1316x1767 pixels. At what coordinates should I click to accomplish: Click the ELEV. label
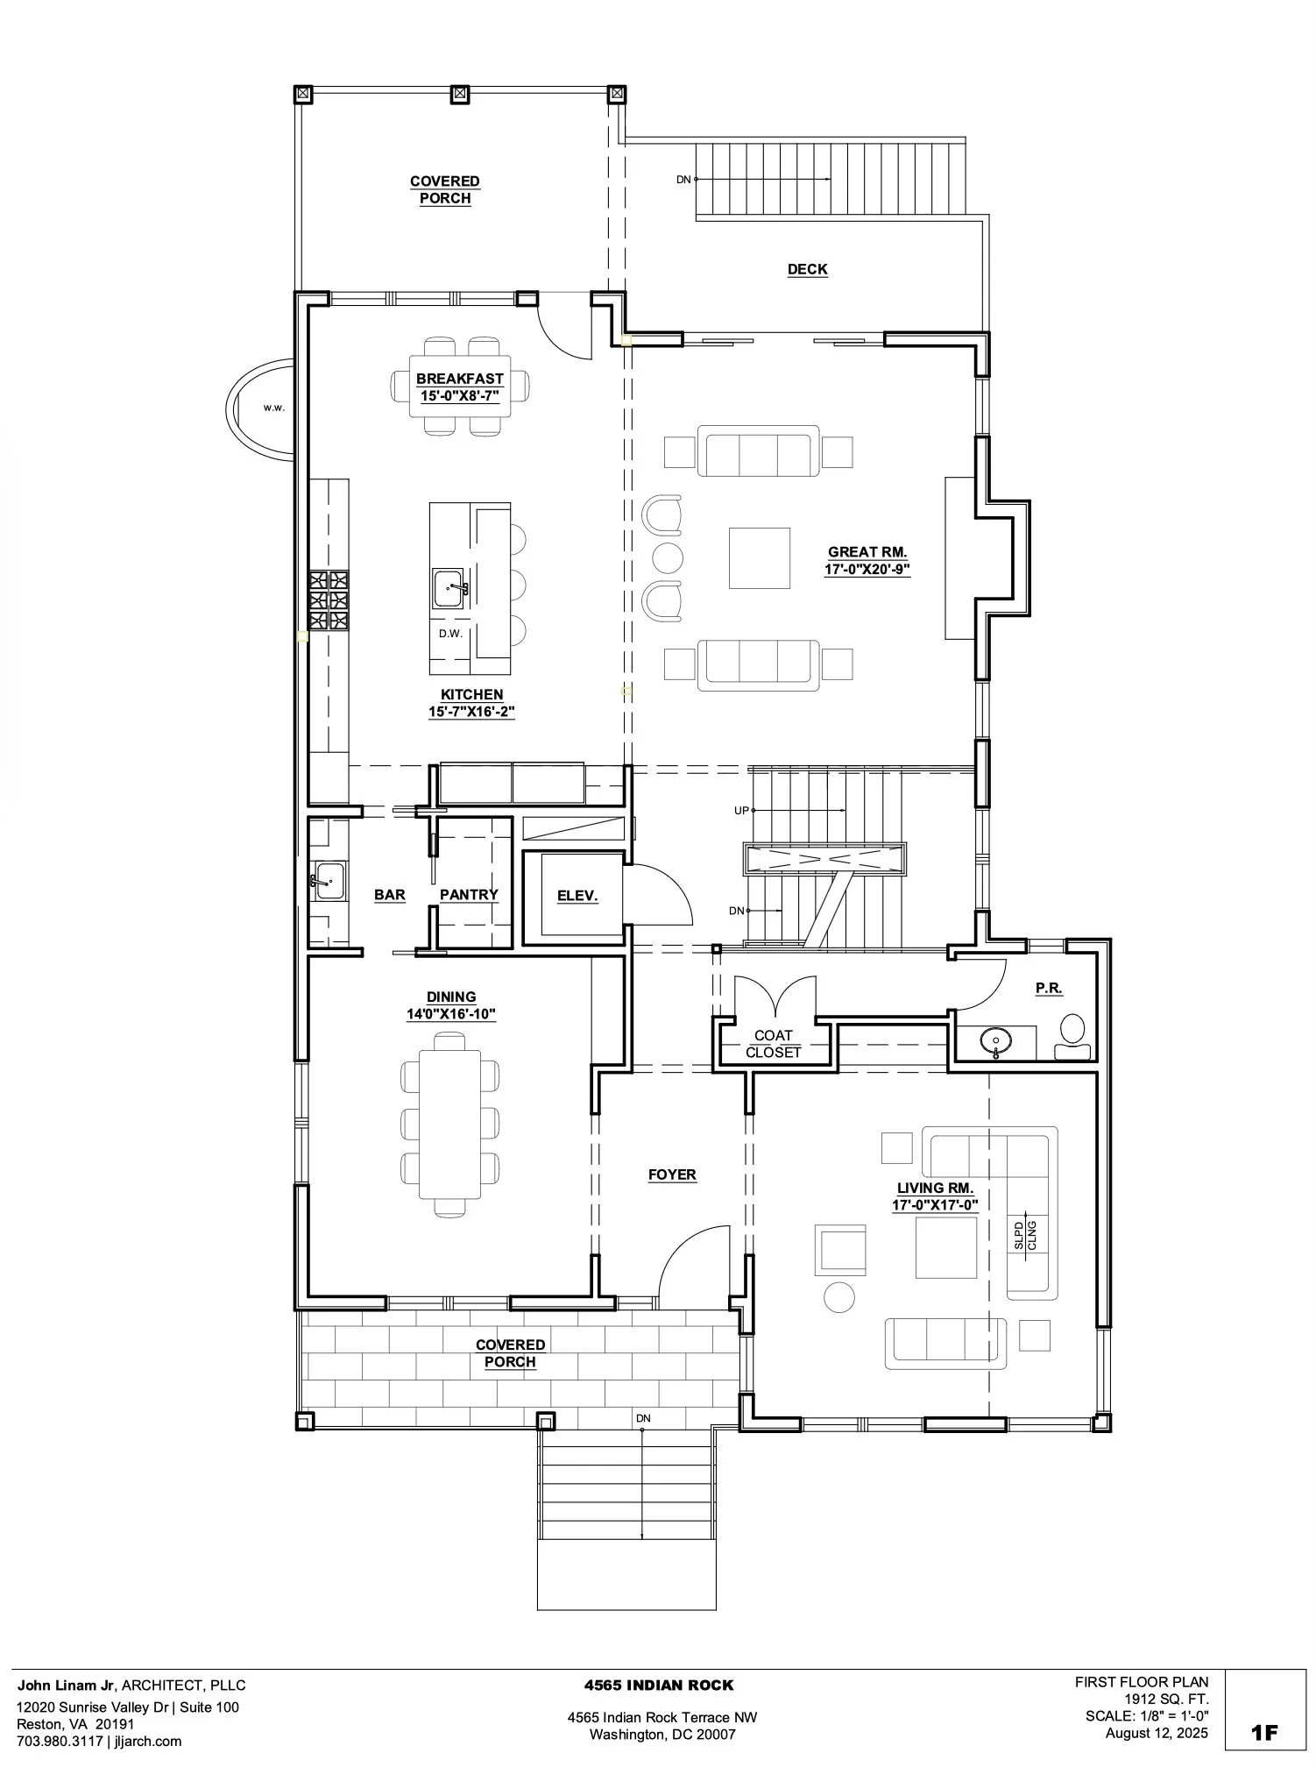(577, 896)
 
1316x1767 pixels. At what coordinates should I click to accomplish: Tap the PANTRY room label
(469, 895)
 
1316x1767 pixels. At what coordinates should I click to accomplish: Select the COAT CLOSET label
(774, 1044)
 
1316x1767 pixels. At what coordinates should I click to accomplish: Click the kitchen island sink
(449, 586)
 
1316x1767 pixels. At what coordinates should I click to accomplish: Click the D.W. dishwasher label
(450, 634)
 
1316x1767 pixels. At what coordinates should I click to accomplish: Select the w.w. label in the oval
(274, 408)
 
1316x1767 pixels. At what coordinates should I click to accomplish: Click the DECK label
(807, 270)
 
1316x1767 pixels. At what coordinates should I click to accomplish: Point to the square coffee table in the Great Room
(759, 557)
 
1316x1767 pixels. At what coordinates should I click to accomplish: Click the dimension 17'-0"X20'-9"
(867, 570)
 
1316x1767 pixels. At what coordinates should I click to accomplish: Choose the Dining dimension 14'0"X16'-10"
(451, 1014)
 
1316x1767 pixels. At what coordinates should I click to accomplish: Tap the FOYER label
(672, 1175)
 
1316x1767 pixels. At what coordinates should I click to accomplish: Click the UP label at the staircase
(741, 811)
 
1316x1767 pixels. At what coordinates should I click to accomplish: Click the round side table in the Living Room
(839, 1297)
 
